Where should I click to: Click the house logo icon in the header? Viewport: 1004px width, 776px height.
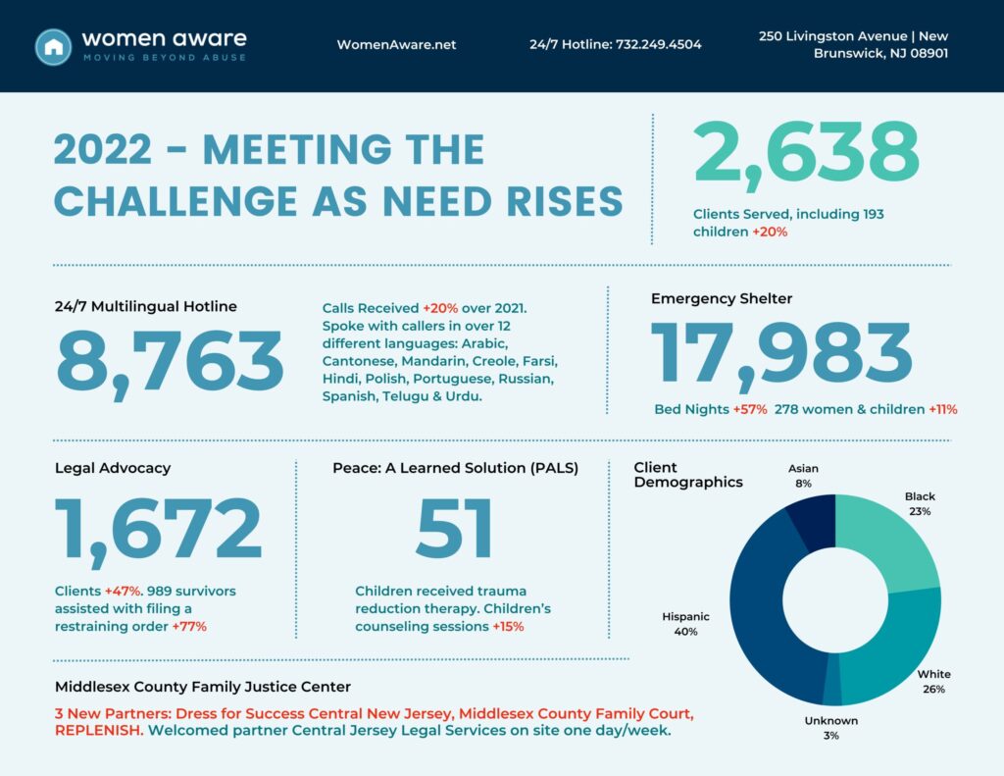[x=53, y=47]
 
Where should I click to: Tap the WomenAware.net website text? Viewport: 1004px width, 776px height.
[x=396, y=45]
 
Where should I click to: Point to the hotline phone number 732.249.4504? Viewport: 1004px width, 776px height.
[x=658, y=44]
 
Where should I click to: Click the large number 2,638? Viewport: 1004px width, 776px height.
[x=807, y=154]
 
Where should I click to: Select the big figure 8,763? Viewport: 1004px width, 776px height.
[x=171, y=363]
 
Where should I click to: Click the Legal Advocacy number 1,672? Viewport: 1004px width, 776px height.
[x=158, y=531]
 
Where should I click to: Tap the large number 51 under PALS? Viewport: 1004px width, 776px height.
[x=455, y=529]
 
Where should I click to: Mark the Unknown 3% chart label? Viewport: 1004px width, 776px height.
[x=831, y=728]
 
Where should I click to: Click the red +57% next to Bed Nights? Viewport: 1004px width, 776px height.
[x=750, y=409]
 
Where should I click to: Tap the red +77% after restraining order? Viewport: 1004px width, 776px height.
[x=189, y=626]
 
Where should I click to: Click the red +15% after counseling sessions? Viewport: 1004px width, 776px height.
[x=508, y=626]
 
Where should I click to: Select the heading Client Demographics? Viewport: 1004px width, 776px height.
[x=688, y=475]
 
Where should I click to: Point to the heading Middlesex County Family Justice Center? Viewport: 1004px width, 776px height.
[x=203, y=687]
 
